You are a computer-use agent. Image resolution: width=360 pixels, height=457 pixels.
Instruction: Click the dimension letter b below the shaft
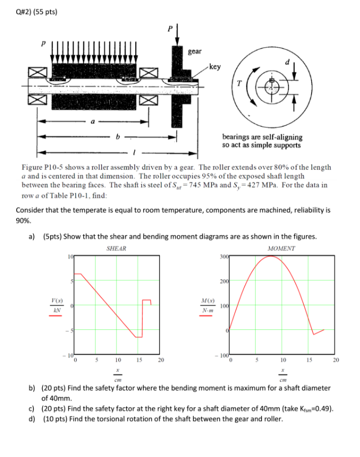pyautogui.click(x=117, y=136)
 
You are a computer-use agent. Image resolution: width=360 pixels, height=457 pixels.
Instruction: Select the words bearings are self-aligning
pyautogui.click(x=262, y=137)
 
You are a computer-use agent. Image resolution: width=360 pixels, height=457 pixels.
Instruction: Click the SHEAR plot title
pyautogui.click(x=116, y=248)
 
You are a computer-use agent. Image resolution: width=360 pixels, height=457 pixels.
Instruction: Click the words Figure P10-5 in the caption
pyautogui.click(x=43, y=168)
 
